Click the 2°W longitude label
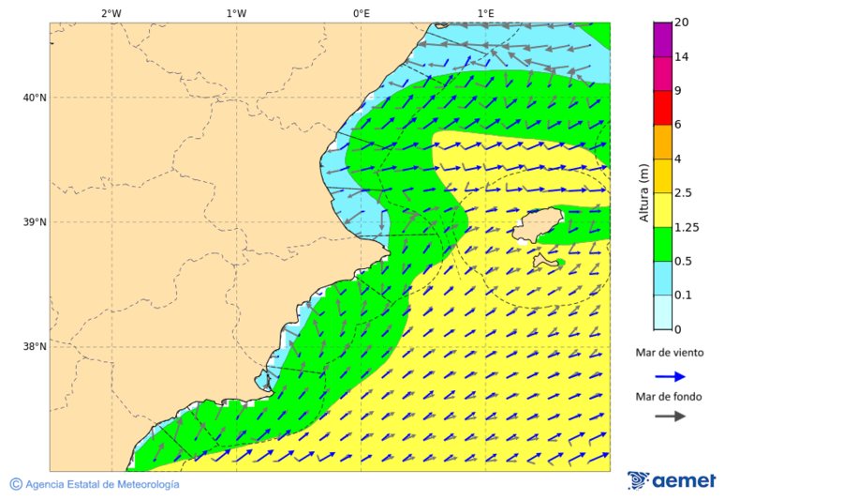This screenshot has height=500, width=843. tap(111, 13)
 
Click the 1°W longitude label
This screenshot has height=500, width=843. tap(236, 13)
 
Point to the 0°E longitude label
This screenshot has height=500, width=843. tap(361, 13)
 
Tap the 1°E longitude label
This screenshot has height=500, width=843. tap(486, 13)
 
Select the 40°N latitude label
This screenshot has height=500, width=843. tap(35, 98)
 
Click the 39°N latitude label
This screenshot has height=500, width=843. tap(35, 222)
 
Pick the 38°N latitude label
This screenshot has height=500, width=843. tap(35, 347)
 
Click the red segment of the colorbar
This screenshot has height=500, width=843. tap(662, 108)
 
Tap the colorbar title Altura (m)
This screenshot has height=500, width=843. tap(643, 192)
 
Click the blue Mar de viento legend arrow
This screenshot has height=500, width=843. tap(670, 376)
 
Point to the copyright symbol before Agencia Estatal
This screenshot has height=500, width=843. tap(16, 484)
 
